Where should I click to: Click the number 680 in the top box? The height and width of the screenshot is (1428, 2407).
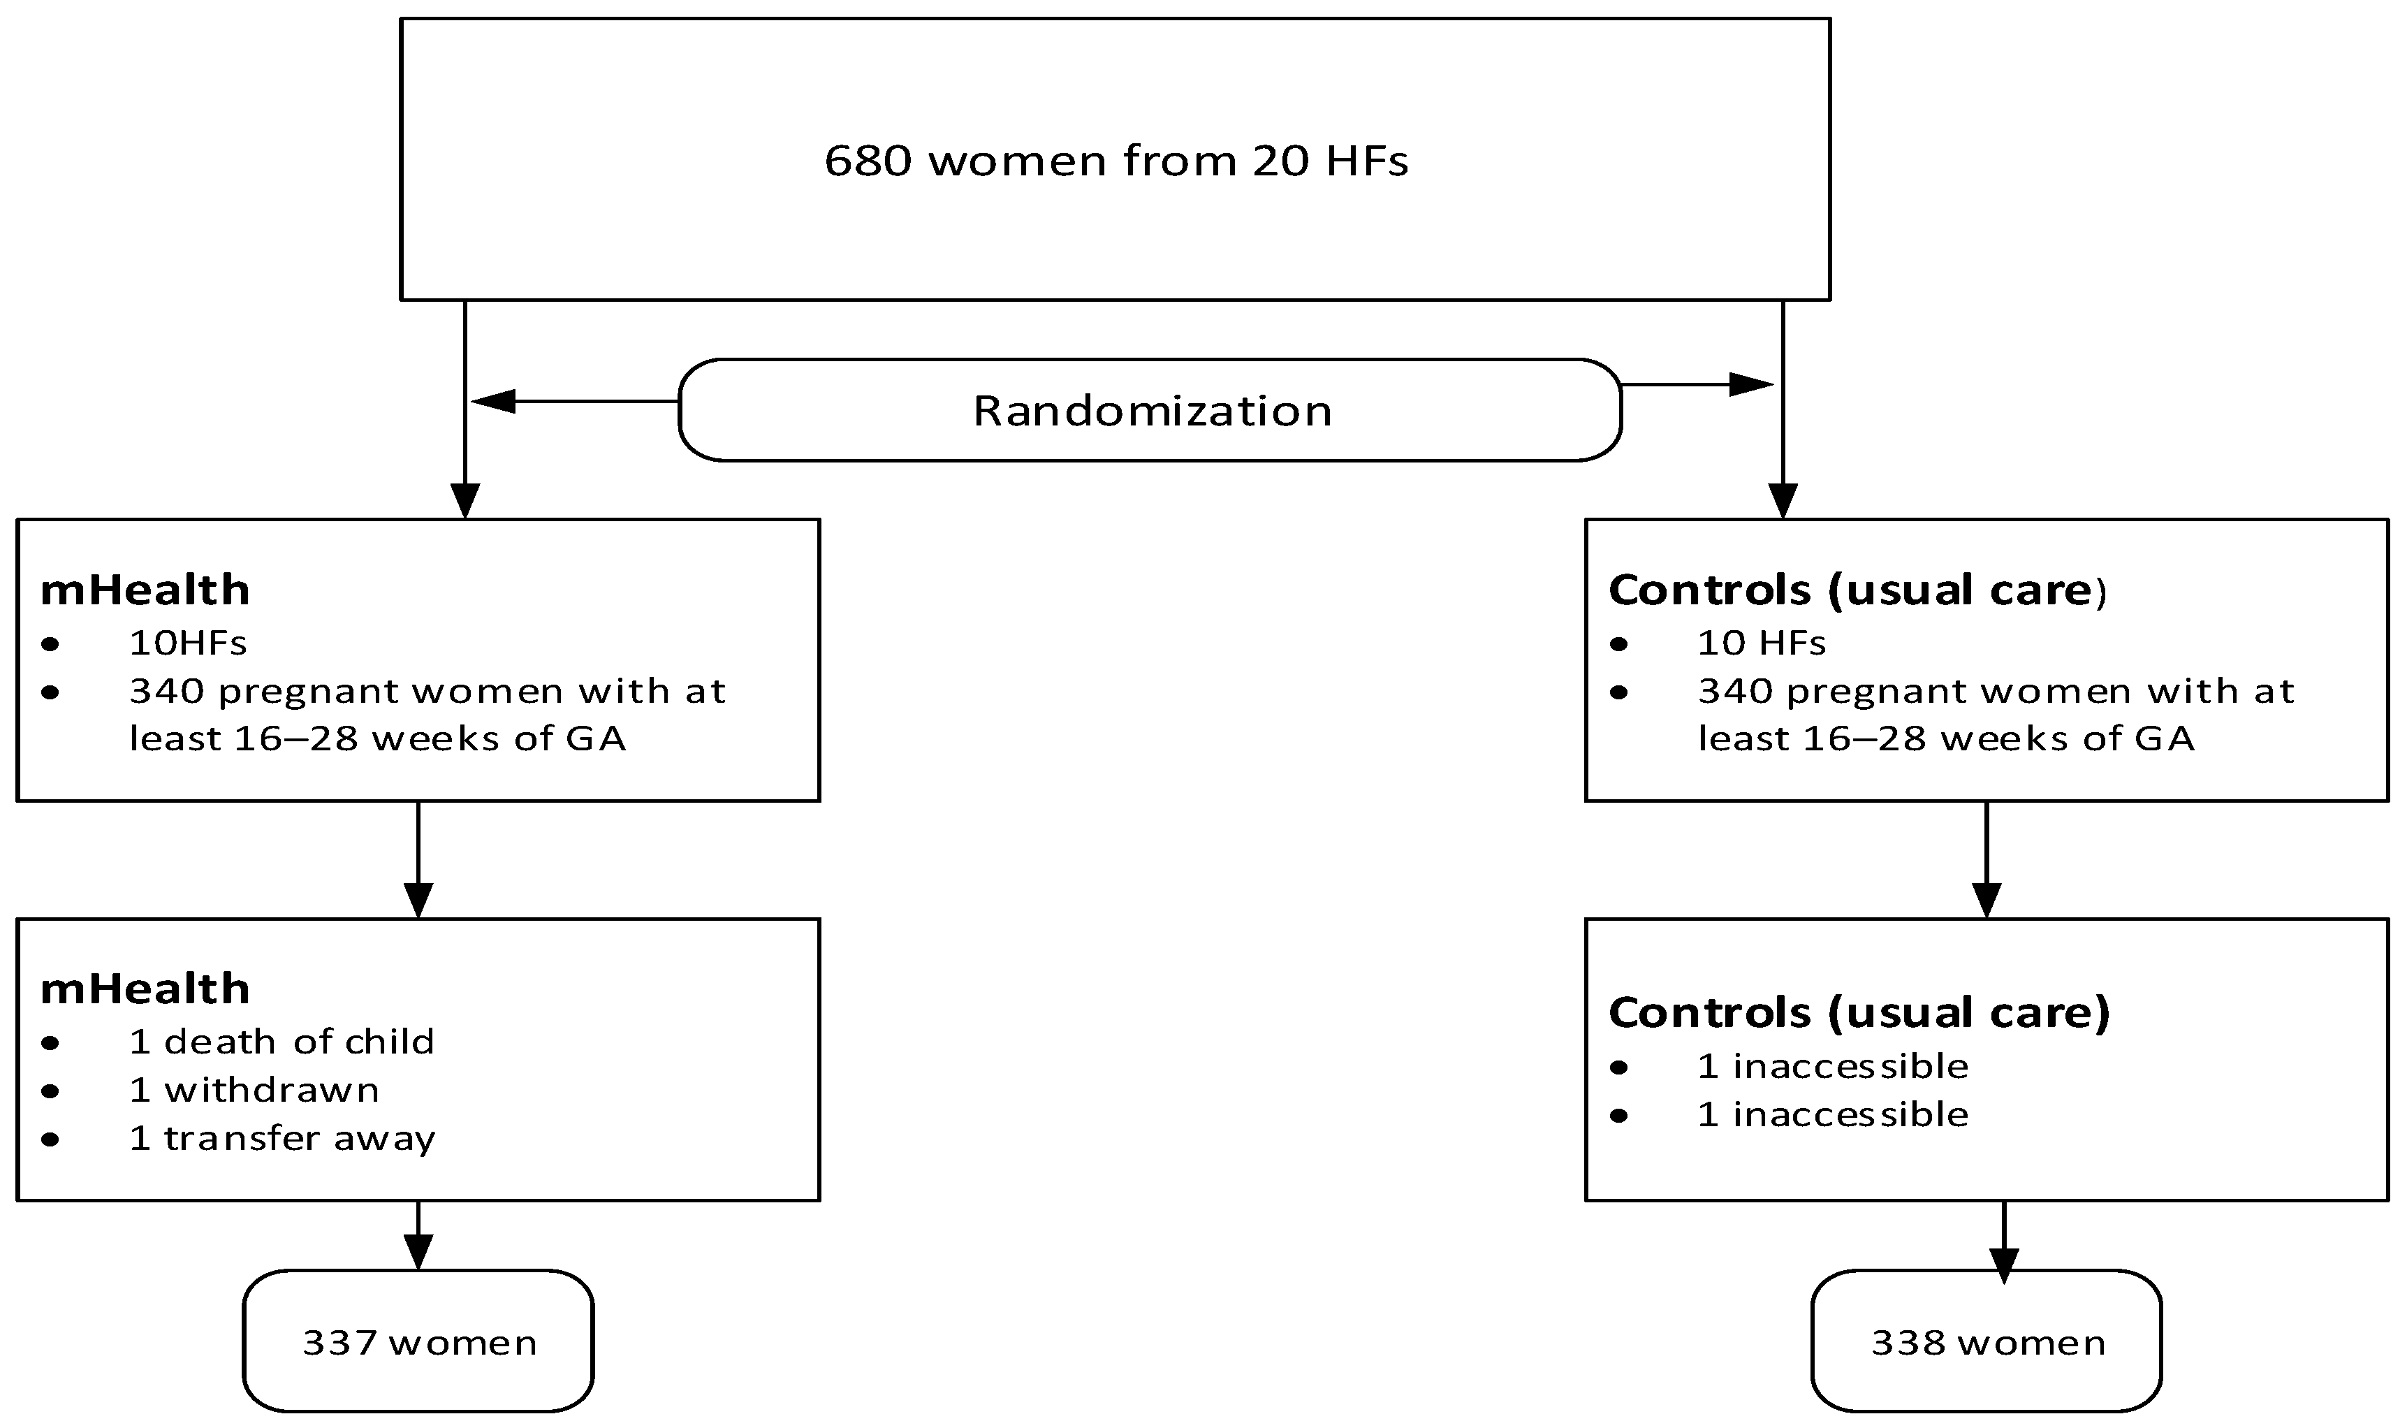pos(868,161)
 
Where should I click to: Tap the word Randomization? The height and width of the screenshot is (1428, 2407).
pos(1152,411)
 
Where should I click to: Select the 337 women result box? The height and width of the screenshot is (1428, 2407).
pos(418,1341)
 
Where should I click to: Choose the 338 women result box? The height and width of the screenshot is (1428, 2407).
pos(1987,1341)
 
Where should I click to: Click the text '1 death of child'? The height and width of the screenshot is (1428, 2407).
pos(281,1041)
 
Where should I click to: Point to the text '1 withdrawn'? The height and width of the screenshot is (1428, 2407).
pos(254,1089)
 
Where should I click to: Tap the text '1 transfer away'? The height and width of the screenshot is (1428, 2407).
pos(282,1138)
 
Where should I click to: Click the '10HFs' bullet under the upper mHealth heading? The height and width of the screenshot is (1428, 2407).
pos(188,643)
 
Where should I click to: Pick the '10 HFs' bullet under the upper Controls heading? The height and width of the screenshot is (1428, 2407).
pos(1760,643)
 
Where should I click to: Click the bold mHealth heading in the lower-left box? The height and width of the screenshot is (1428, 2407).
pos(145,989)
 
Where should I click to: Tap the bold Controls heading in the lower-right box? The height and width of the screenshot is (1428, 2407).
pos(1859,1012)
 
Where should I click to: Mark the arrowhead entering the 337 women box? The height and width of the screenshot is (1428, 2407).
pos(418,1252)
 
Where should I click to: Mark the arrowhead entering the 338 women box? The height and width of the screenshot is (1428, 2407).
pos(2003,1265)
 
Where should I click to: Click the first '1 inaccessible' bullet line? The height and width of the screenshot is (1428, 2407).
pos(1833,1066)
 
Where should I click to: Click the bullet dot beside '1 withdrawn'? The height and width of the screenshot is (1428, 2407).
pos(51,1091)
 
